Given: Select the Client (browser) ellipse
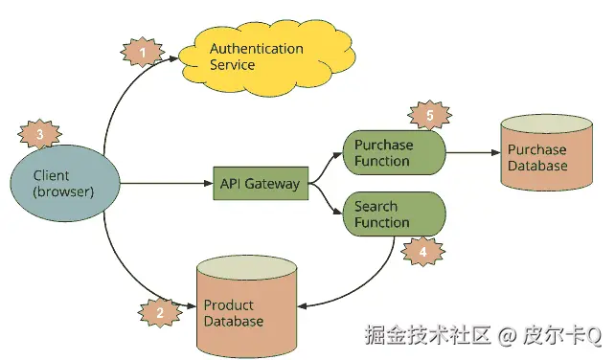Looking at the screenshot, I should coord(64,183).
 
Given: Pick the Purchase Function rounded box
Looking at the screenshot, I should coord(393,153).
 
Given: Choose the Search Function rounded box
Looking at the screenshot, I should coord(393,214).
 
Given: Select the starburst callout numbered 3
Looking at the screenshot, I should coord(39,135).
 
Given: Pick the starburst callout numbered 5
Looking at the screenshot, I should coord(428,116).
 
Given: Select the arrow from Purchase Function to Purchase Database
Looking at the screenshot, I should coord(469,151).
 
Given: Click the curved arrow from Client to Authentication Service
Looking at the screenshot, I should coord(120,96).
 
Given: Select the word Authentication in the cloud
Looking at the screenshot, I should coord(256,49).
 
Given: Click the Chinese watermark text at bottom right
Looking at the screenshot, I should coord(483,335).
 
